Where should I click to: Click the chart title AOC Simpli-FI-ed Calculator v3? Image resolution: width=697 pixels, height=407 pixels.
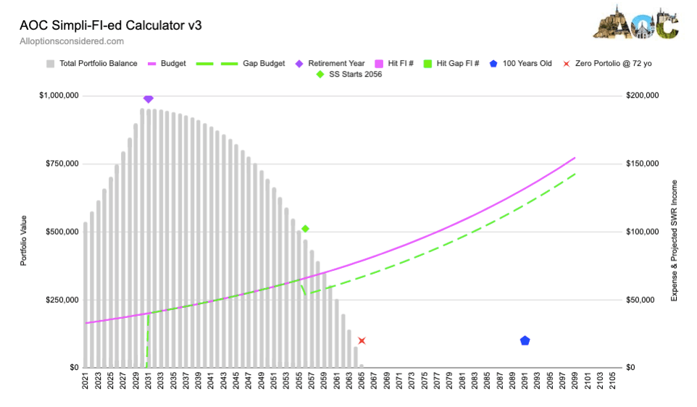(110, 25)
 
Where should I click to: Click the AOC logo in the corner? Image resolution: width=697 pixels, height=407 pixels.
(635, 23)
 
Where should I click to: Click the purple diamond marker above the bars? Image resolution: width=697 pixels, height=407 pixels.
(149, 98)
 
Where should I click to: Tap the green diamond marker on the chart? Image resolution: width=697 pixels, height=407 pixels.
(306, 229)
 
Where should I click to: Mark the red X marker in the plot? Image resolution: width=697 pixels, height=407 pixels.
(362, 340)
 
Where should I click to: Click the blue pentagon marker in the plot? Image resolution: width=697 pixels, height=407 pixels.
(525, 340)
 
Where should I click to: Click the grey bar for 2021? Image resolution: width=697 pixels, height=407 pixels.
(85, 304)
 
